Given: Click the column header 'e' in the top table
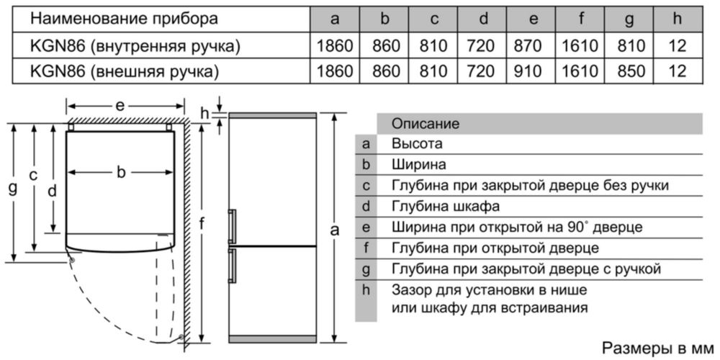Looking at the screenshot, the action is coord(533,19).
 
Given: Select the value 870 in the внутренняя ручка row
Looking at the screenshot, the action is coord(533,45).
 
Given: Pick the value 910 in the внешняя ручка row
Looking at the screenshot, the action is coord(533,71).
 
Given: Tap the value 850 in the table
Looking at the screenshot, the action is coord(629,71).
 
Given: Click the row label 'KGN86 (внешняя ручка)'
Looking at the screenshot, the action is coord(124,71).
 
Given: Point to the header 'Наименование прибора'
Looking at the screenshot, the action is coord(124,19).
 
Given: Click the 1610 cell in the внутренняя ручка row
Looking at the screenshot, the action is coord(581,45).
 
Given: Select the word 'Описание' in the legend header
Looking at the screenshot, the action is coord(426,124).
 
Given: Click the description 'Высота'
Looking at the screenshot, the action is coord(418,144).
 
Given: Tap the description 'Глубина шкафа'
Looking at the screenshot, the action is coord(446,206).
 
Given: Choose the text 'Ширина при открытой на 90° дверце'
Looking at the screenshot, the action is coord(517,228).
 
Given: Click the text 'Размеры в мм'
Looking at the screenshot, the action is coord(658,347).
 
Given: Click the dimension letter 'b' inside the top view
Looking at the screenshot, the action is coord(121,172).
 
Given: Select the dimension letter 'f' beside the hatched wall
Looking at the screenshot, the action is coord(201,225).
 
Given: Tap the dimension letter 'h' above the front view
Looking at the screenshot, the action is coord(205,112).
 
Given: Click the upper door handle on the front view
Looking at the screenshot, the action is coord(232,226).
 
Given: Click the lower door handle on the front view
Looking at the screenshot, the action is coord(232,266).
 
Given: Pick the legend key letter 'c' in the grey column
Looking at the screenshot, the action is coord(366,186).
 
